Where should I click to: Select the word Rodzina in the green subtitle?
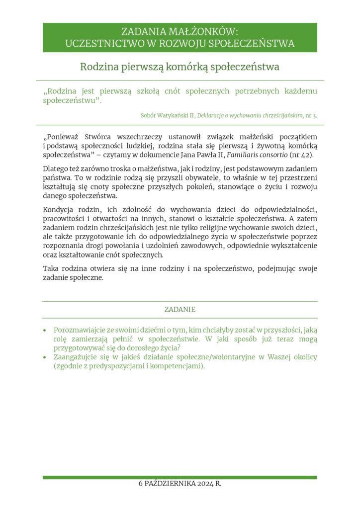[x=99, y=66]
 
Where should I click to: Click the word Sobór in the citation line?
[x=149, y=115]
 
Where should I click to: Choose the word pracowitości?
[x=65, y=219]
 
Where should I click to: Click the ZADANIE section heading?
[x=180, y=309]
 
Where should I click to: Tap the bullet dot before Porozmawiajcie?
[x=45, y=330]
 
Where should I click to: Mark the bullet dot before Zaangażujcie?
[x=45, y=357]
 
